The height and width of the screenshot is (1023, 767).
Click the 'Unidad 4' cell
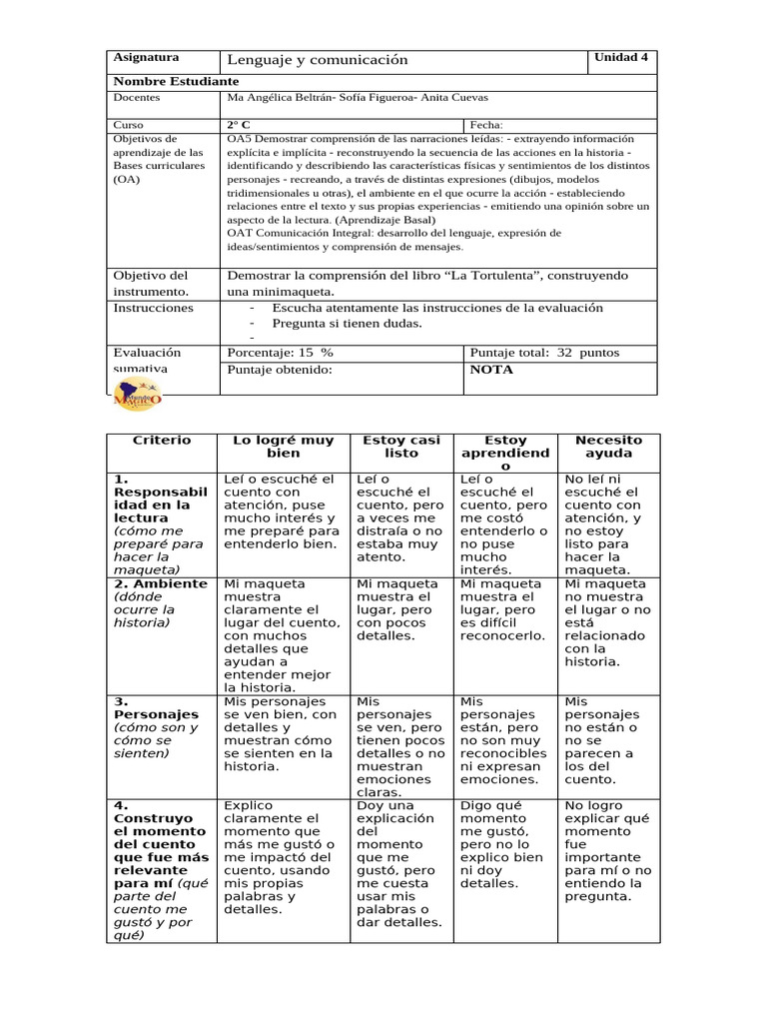(621, 57)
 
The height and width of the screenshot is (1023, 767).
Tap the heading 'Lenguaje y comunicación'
(318, 60)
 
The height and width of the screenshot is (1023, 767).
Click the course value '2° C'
(239, 125)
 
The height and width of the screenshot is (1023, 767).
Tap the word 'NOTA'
(490, 370)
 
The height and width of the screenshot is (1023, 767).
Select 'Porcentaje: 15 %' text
(281, 353)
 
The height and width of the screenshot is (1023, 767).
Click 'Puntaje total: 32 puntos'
(544, 353)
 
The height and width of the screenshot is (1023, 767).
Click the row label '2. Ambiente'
(161, 583)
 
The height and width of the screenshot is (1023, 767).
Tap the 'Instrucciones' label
(153, 308)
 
